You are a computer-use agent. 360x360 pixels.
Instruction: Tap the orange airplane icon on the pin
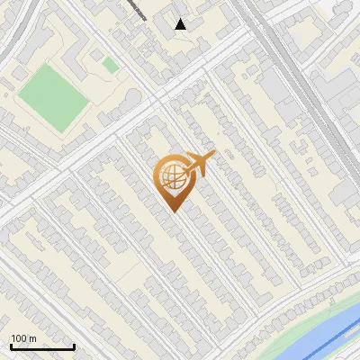[199, 164]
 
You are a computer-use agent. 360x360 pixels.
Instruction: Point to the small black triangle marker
[181, 24]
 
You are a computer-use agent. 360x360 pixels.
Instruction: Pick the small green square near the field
[110, 65]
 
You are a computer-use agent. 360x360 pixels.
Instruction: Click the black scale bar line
[42, 347]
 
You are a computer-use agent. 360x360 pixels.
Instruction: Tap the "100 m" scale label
[24, 338]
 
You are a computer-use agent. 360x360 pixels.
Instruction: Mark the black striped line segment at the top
[135, 8]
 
